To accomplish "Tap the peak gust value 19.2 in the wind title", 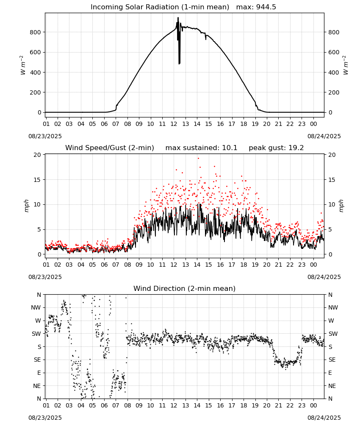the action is tap(296, 148).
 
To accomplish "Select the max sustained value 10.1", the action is tap(230, 148).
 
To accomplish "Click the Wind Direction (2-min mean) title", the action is tap(185, 288).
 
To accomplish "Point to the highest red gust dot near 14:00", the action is tap(198, 159).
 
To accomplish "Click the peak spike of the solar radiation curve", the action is tap(178, 17).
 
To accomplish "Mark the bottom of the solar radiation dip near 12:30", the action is tap(179, 64).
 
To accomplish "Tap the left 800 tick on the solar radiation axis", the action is tap(36, 32).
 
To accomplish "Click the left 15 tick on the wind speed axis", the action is tap(37, 180).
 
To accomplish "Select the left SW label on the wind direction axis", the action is tap(36, 334).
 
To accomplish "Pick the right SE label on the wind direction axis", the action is tap(332, 360).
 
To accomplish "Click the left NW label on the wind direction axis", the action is tap(36, 307).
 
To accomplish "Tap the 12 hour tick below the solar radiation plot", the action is tap(174, 124).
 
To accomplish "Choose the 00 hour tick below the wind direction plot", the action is tap(313, 405).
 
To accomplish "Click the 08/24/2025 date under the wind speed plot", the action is tap(324, 277).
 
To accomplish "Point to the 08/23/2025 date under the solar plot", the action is tap(45, 136).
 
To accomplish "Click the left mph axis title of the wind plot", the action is tap(26, 206).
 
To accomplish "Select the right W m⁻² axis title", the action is tap(346, 65).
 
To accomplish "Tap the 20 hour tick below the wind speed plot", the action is tap(267, 265).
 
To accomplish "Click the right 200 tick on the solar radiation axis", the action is tap(334, 92).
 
